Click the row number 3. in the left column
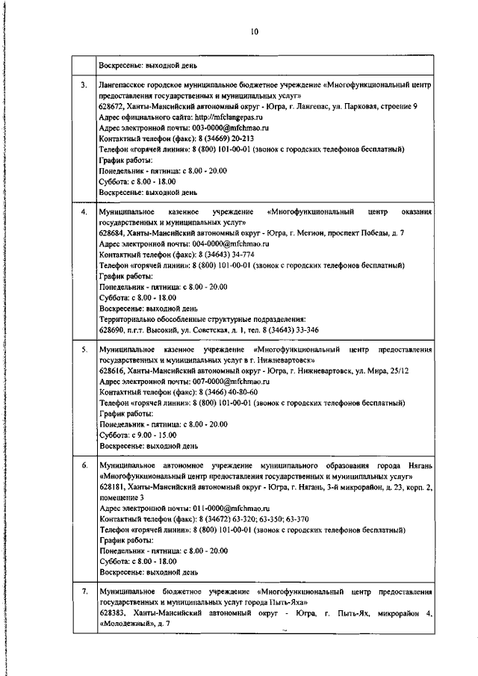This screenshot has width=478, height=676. [84, 87]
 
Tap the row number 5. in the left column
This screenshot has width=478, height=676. [84, 350]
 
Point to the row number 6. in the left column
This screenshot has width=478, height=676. [84, 465]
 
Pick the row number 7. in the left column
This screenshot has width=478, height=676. [84, 592]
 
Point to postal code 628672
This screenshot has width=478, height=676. [111, 108]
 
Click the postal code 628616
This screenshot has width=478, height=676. [111, 370]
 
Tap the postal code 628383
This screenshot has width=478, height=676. [111, 613]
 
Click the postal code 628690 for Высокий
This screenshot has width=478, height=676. [111, 329]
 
